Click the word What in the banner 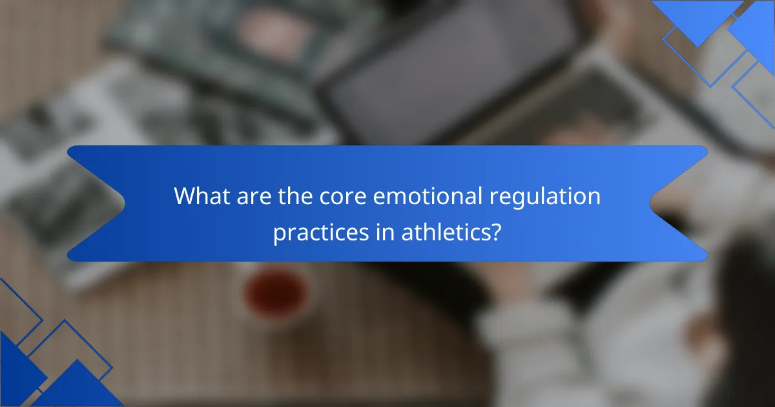click(202, 196)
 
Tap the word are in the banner click(254, 196)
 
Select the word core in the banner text click(342, 196)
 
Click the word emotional click(428, 196)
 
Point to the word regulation click(545, 198)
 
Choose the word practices click(321, 233)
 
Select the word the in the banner click(295, 196)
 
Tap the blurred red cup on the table click(276, 294)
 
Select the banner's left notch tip click(125, 203)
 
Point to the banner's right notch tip click(650, 203)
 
